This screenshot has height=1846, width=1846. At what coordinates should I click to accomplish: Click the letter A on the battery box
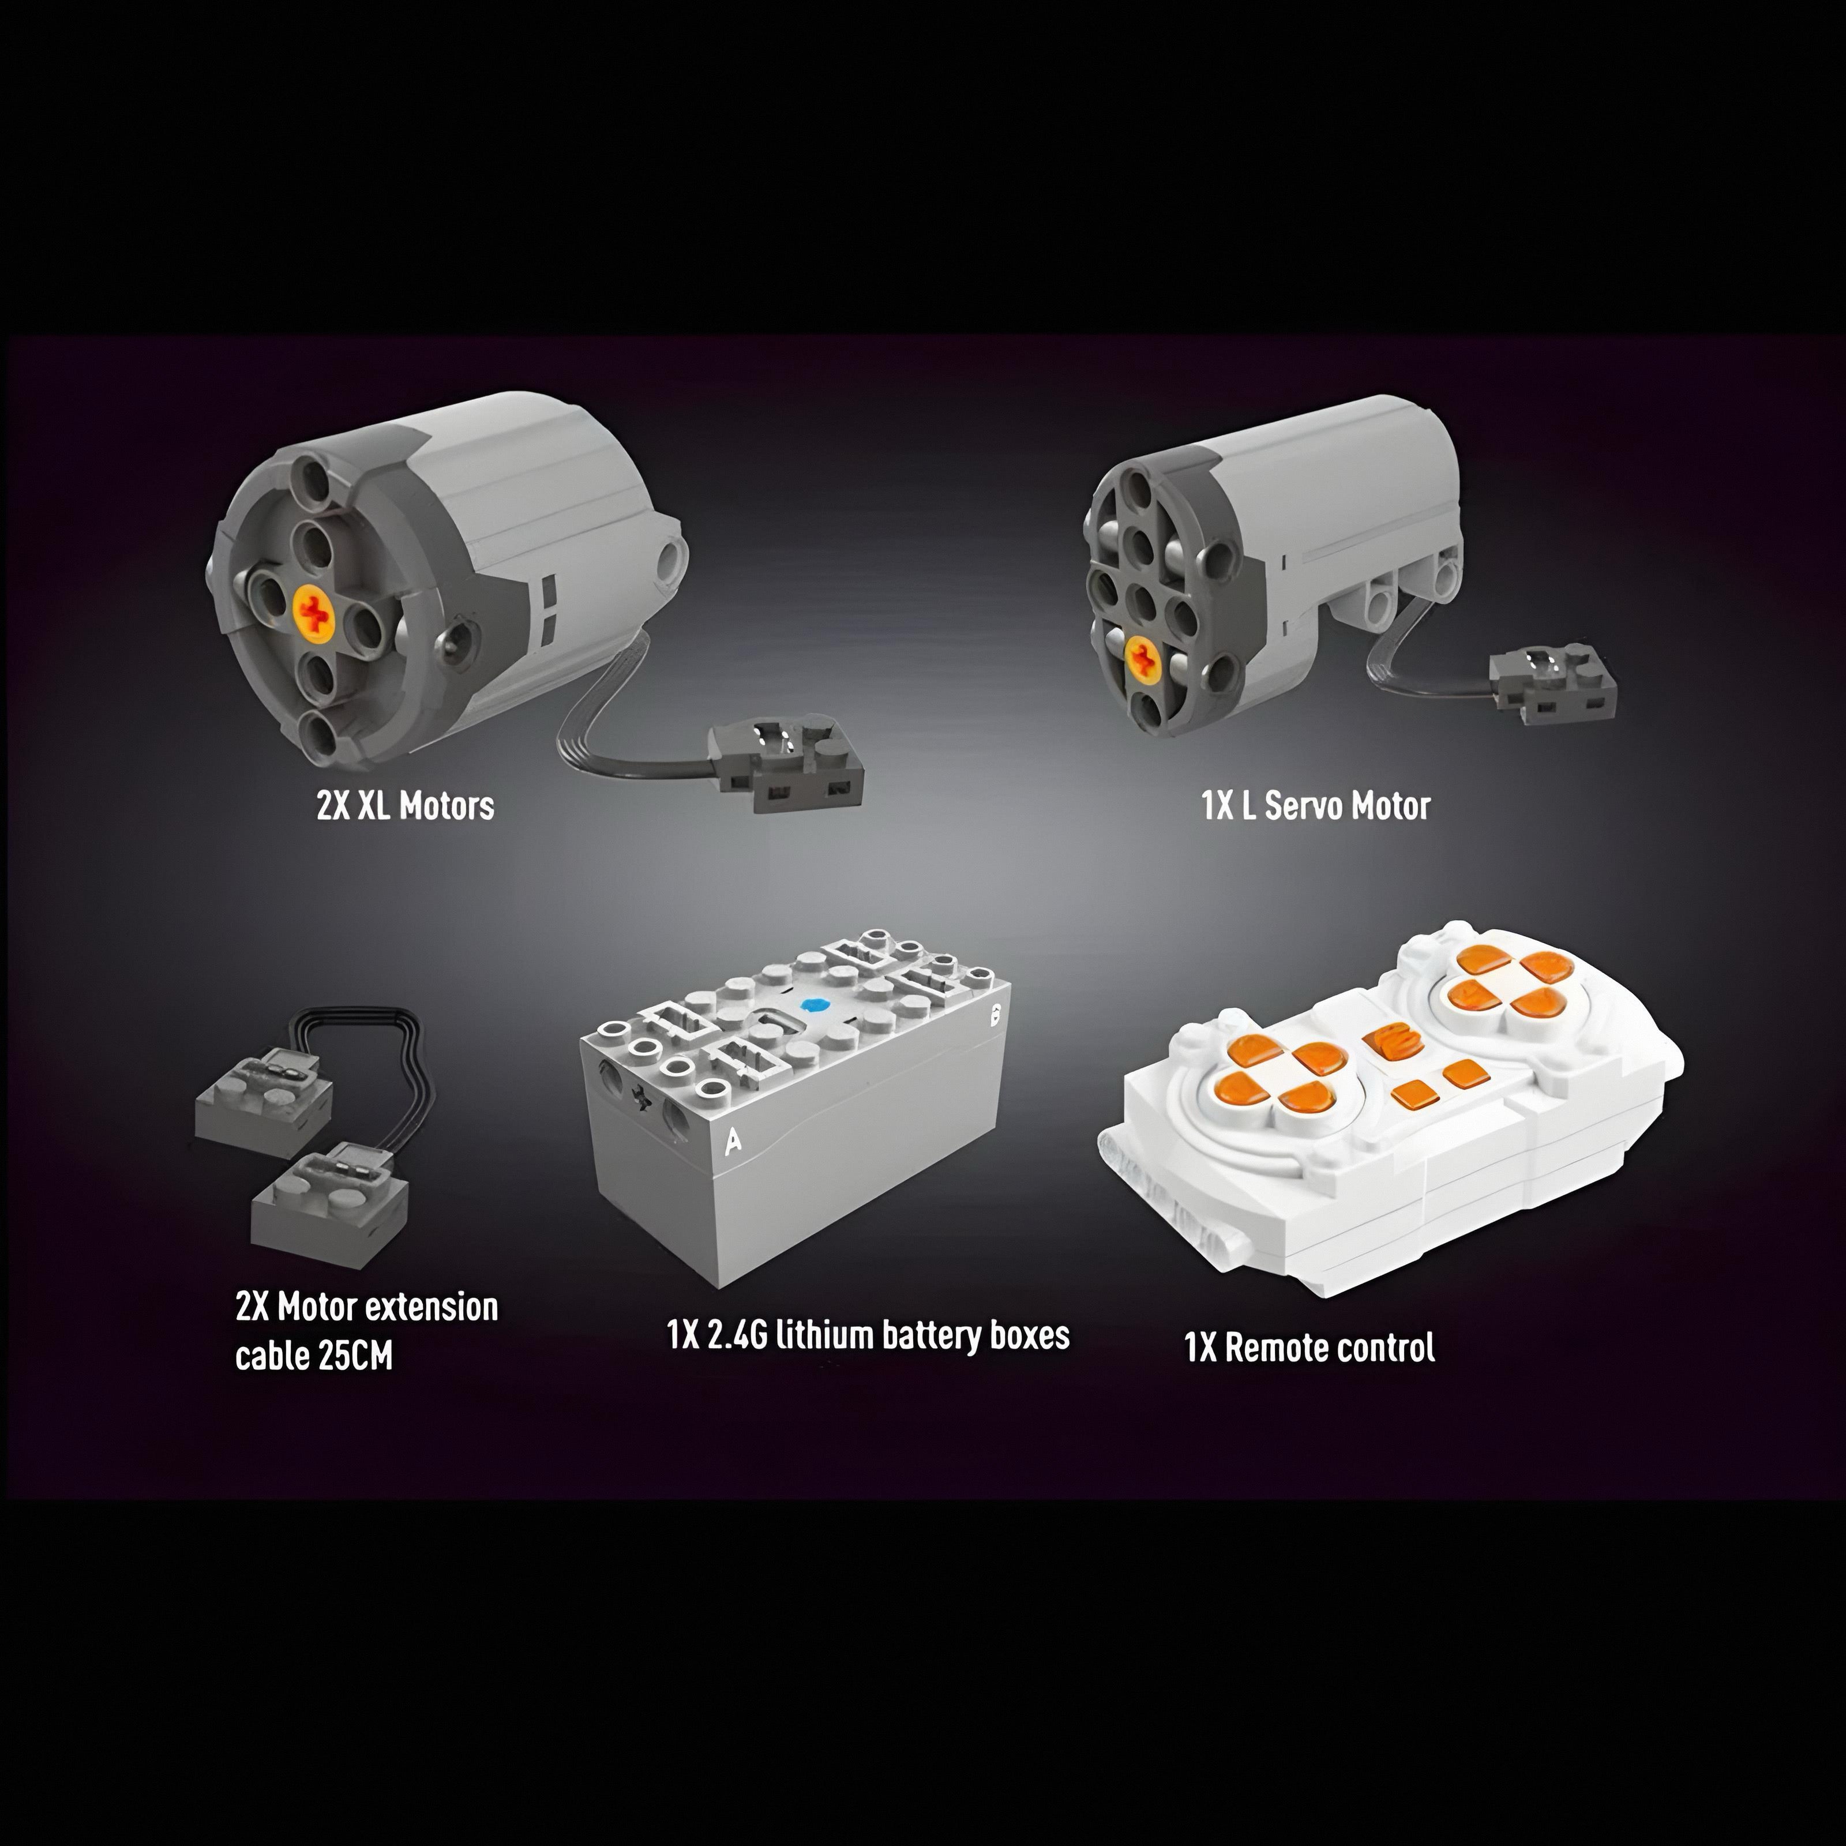click(733, 1141)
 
